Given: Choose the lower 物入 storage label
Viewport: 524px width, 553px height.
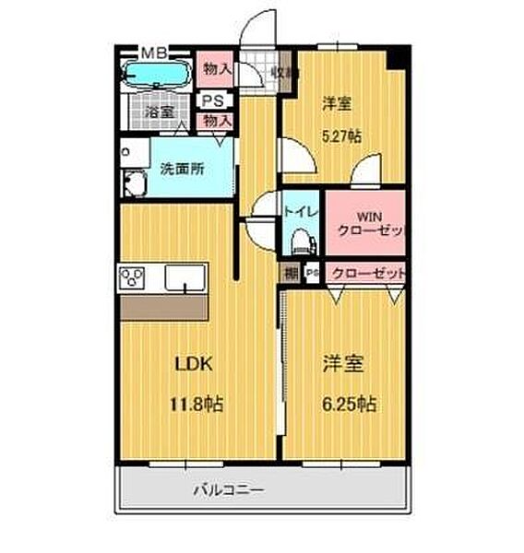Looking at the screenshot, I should (218, 119).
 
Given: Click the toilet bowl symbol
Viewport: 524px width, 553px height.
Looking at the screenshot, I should (301, 241).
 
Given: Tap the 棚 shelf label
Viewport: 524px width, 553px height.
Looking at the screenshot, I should (291, 273).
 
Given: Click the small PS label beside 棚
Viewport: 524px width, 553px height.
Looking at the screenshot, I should (313, 273).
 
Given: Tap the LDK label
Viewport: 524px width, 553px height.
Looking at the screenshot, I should (195, 363).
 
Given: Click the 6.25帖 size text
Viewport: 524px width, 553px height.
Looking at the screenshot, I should (348, 403).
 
